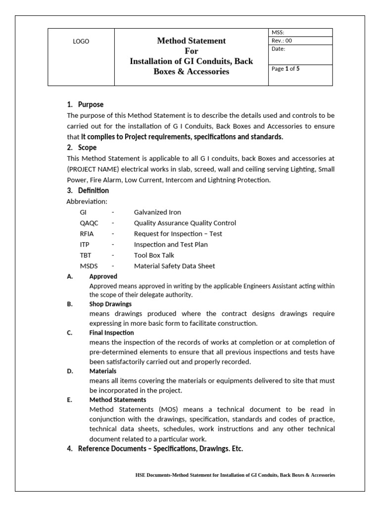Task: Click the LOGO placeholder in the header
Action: (x=81, y=42)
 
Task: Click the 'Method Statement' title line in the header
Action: (x=191, y=41)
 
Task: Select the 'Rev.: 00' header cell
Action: (x=282, y=41)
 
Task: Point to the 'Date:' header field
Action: (x=279, y=49)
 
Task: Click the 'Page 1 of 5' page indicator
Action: (x=285, y=69)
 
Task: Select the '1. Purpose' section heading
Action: (x=85, y=104)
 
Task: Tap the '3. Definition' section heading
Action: (x=88, y=191)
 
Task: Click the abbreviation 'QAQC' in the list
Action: (x=89, y=223)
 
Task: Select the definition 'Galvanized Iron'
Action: (x=157, y=212)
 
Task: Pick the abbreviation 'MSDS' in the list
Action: (x=89, y=266)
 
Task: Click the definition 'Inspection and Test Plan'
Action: (x=171, y=244)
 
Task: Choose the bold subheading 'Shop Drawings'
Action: (x=110, y=304)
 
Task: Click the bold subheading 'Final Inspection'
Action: (x=111, y=333)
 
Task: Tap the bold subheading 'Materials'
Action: (x=103, y=371)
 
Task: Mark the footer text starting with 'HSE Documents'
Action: (x=235, y=475)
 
